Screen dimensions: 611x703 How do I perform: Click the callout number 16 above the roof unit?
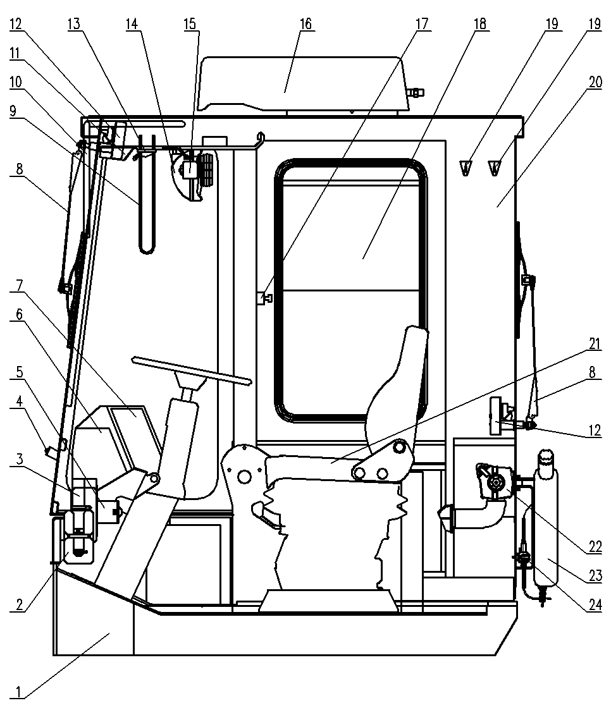(x=305, y=24)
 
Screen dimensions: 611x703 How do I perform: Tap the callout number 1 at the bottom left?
(x=18, y=692)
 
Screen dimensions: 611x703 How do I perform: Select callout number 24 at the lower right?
(x=595, y=605)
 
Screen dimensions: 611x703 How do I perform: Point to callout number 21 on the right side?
(x=595, y=344)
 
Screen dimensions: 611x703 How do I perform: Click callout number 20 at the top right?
(x=595, y=82)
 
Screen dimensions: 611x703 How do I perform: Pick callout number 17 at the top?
(x=422, y=24)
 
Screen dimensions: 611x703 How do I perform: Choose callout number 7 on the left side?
(x=19, y=285)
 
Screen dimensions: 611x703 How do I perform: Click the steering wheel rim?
(x=192, y=370)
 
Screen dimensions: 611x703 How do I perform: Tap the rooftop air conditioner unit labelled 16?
(x=305, y=84)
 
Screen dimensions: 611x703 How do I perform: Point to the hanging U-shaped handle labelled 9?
(x=147, y=193)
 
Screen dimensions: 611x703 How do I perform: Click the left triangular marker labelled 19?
(x=466, y=168)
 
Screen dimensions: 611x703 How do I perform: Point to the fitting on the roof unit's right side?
(x=416, y=93)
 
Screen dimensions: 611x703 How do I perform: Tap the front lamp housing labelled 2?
(x=80, y=535)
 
